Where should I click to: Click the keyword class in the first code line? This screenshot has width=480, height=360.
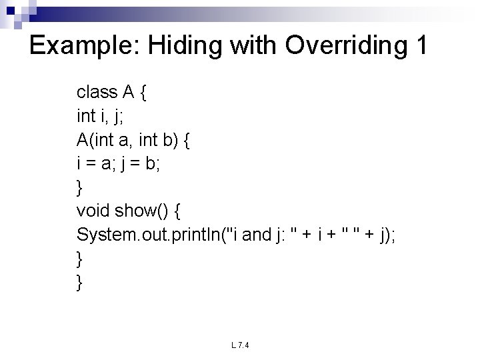[97, 91]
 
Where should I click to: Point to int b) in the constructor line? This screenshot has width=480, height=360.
[161, 140]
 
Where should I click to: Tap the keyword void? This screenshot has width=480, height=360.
[93, 211]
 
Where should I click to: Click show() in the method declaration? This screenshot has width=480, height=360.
[141, 211]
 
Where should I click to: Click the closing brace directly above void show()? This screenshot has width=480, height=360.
[81, 188]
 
